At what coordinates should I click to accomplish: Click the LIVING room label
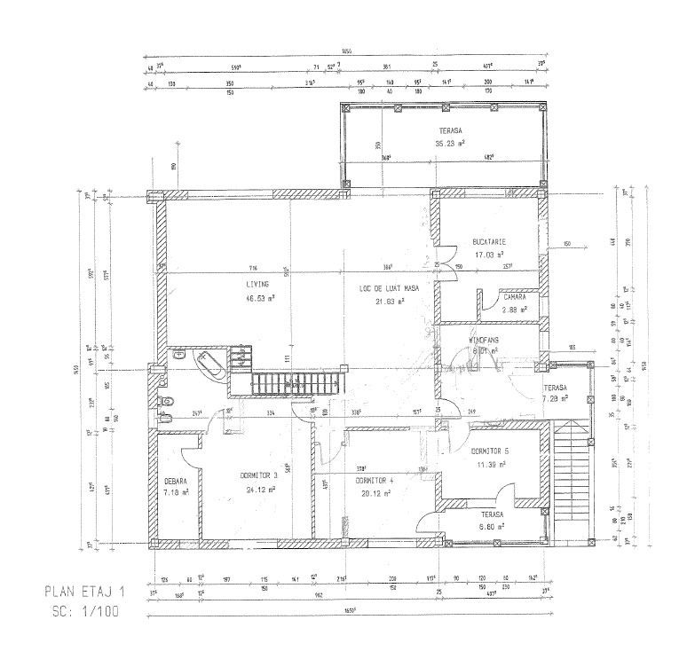258,285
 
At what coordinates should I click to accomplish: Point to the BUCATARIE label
490,241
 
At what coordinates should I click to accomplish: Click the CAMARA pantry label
514,297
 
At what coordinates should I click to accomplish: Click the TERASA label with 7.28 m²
556,388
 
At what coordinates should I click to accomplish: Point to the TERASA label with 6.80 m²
488,514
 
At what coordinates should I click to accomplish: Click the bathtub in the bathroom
209,364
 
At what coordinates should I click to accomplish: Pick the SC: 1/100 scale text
86,611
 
